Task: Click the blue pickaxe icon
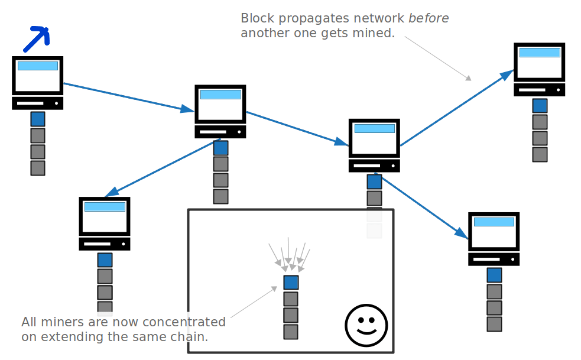click(37, 38)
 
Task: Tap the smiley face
click(366, 326)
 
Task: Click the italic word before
click(429, 18)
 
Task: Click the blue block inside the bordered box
click(291, 283)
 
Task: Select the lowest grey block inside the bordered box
click(291, 332)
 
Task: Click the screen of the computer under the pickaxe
click(38, 76)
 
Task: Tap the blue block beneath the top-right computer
click(540, 106)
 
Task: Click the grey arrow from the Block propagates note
click(438, 58)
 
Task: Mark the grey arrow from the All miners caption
click(254, 303)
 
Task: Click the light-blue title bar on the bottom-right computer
click(494, 222)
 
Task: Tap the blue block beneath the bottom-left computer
click(105, 260)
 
